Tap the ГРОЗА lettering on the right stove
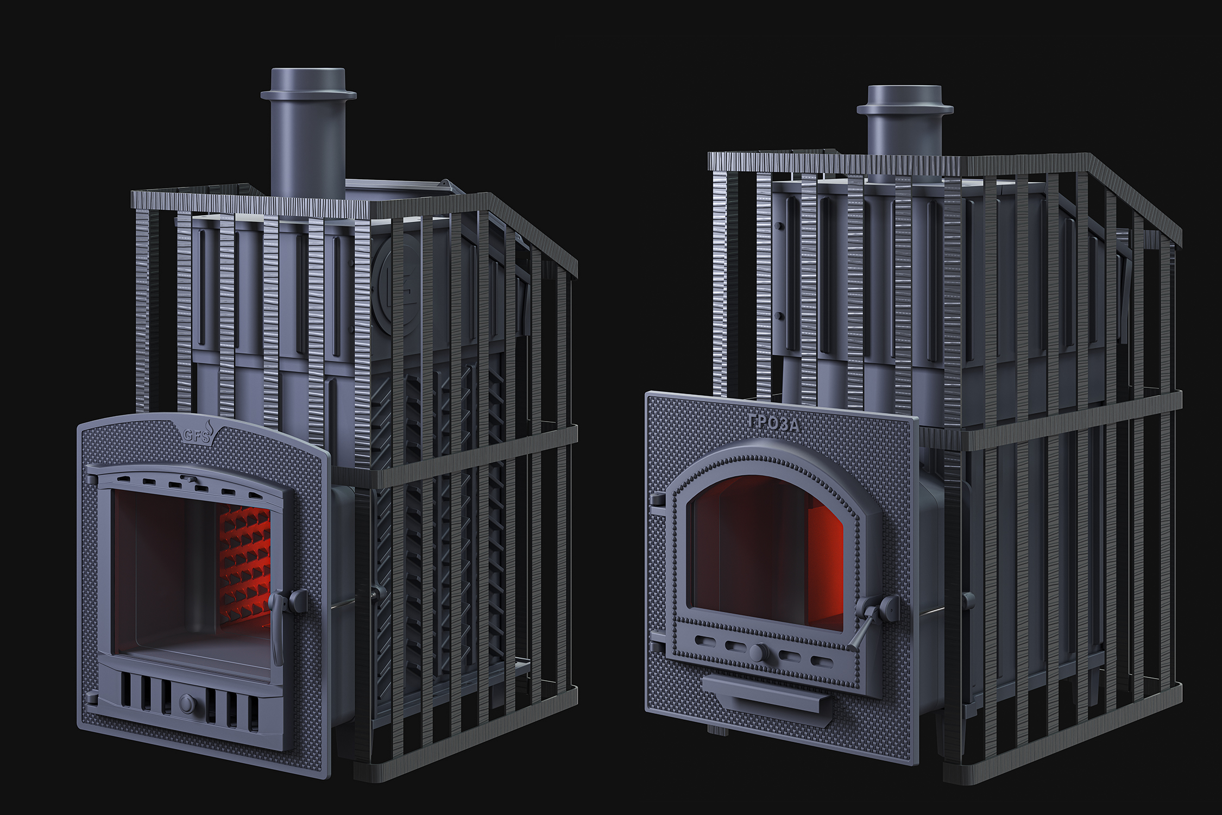(773, 423)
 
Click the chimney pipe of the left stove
(308, 133)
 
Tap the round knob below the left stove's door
(187, 704)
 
